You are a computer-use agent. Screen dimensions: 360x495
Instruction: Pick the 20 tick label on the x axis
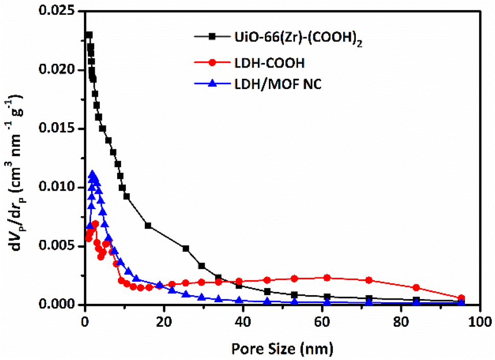(164, 322)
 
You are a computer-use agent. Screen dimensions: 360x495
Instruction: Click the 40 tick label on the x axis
(243, 322)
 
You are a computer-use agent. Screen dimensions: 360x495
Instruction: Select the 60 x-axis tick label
(322, 322)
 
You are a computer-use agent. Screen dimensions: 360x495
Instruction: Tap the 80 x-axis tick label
(401, 322)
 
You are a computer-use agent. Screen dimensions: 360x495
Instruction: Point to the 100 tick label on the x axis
(480, 322)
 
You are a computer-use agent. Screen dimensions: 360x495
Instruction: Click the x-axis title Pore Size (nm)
(282, 349)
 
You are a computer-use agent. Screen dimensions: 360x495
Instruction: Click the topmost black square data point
(89, 35)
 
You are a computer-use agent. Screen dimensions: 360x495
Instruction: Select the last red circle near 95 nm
(461, 298)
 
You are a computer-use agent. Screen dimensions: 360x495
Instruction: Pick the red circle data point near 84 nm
(416, 287)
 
